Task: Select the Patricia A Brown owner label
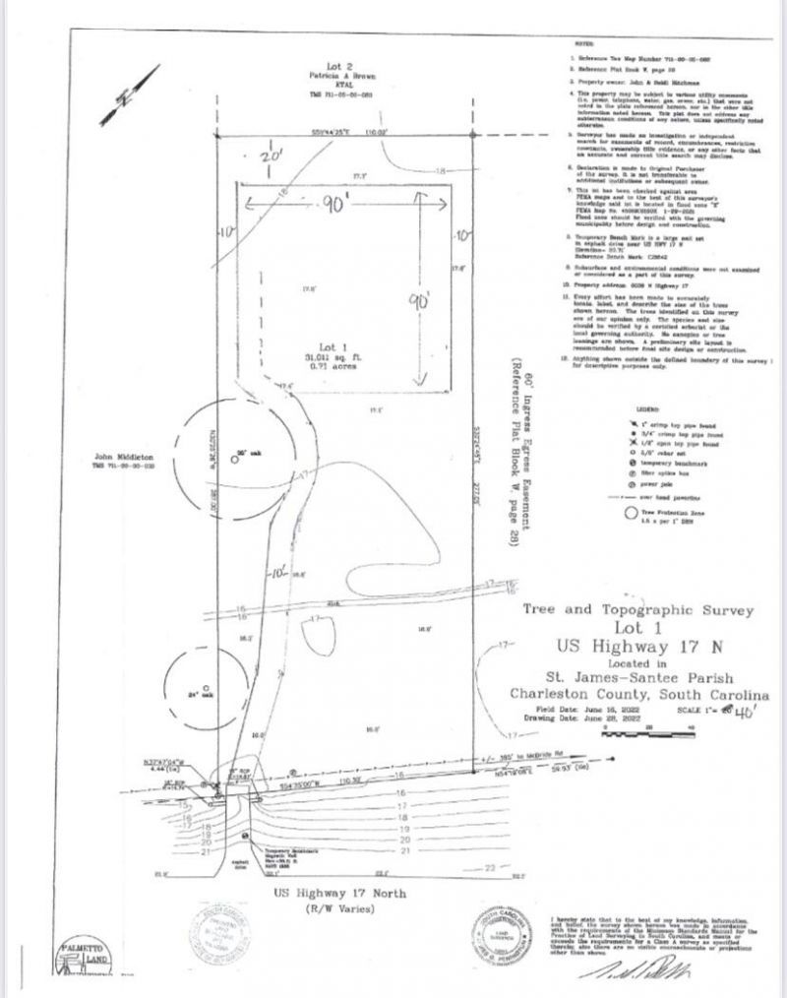point(331,86)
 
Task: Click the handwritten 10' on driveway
point(280,568)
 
